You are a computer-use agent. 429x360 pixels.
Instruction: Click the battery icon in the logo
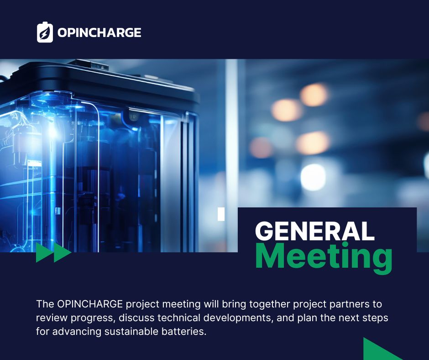click(x=45, y=33)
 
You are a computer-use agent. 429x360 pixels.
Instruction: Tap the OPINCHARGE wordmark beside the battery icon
click(x=99, y=32)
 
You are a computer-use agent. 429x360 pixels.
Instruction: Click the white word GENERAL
click(x=314, y=231)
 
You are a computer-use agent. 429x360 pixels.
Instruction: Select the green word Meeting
click(x=324, y=257)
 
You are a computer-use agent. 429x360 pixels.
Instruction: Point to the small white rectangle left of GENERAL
click(x=221, y=214)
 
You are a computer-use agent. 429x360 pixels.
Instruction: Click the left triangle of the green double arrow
click(x=45, y=253)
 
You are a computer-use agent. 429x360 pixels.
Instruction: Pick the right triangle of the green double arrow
click(x=63, y=253)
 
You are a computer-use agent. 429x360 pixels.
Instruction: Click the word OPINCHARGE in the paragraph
click(x=90, y=304)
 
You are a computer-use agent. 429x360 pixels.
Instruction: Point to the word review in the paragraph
click(x=52, y=318)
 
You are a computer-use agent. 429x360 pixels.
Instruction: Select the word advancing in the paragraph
click(x=77, y=332)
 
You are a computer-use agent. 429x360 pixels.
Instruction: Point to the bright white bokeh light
click(x=313, y=177)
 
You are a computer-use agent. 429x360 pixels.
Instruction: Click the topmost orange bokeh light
click(x=314, y=95)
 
